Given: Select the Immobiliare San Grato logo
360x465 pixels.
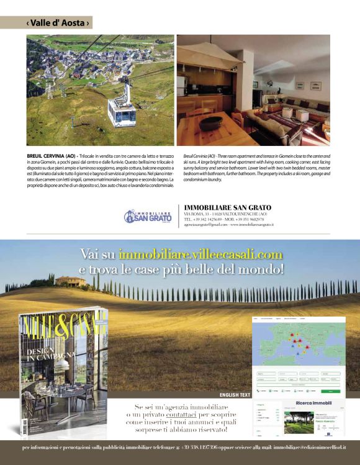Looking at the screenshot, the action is [x=147, y=216].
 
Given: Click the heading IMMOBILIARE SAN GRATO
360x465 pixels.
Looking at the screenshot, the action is [x=228, y=207].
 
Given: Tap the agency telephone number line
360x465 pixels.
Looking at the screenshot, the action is [x=224, y=219].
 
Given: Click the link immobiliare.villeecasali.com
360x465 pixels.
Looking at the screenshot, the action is [x=200, y=255].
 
